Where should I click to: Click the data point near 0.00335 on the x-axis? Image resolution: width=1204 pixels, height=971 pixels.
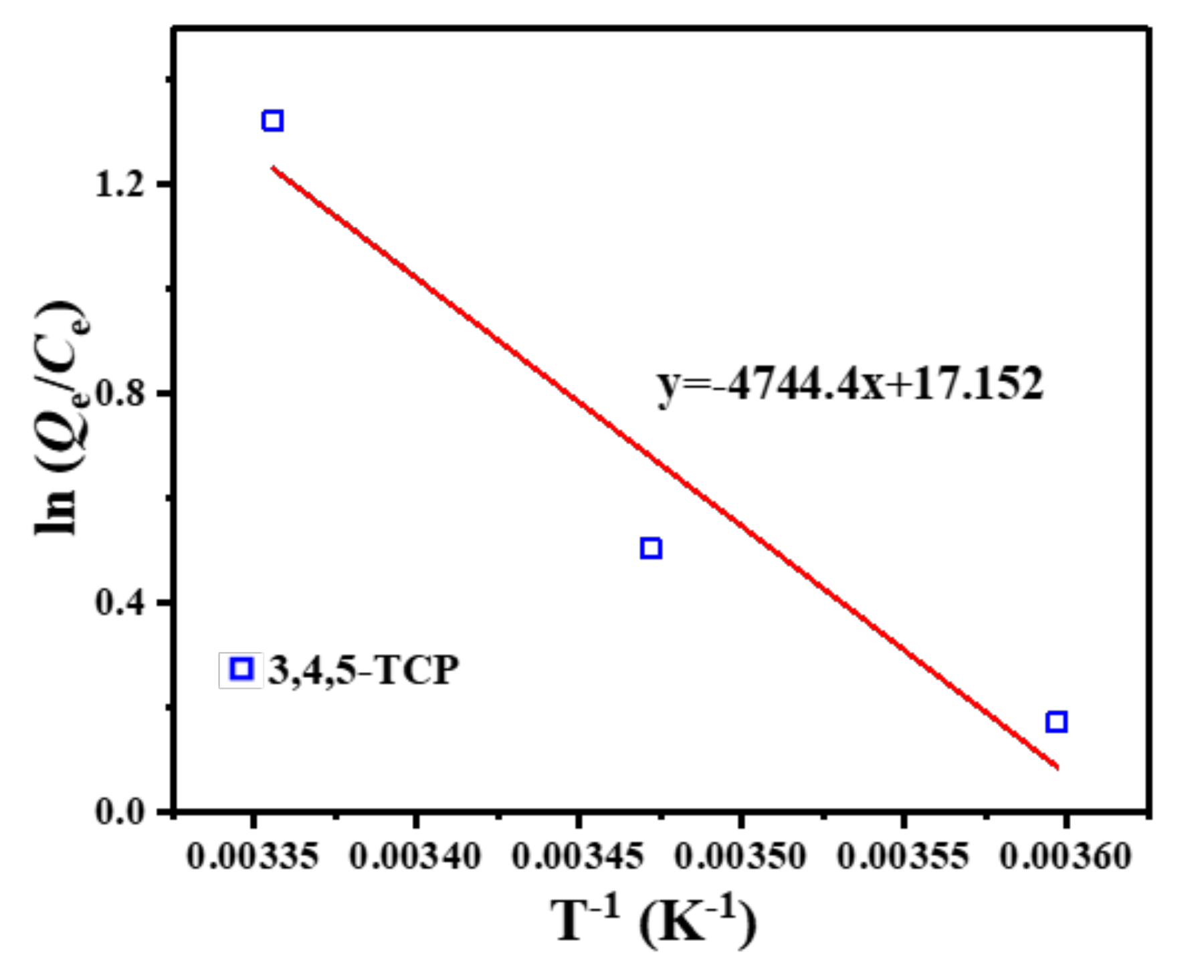pyautogui.click(x=272, y=121)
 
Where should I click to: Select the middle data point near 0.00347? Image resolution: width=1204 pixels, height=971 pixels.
pyautogui.click(x=651, y=548)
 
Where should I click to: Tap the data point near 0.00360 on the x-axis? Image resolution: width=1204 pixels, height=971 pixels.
pyautogui.click(x=1057, y=722)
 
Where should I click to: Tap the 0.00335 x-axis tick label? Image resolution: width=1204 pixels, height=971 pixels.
pyautogui.click(x=253, y=857)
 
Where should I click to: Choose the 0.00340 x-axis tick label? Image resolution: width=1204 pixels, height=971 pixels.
pyautogui.click(x=415, y=857)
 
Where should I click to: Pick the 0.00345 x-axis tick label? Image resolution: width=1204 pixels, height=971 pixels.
pyautogui.click(x=578, y=857)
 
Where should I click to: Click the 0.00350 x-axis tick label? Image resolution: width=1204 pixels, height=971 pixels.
pyautogui.click(x=740, y=857)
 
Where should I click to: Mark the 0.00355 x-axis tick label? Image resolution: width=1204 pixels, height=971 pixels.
pyautogui.click(x=903, y=857)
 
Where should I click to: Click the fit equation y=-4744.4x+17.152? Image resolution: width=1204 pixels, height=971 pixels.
pyautogui.click(x=849, y=385)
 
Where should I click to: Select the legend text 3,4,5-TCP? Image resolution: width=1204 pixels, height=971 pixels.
pyautogui.click(x=364, y=669)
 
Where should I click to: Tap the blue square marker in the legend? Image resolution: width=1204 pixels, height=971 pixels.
pyautogui.click(x=241, y=669)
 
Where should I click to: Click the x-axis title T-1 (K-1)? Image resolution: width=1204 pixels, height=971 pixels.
pyautogui.click(x=654, y=922)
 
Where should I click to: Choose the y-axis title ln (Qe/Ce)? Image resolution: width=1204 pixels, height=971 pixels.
pyautogui.click(x=62, y=418)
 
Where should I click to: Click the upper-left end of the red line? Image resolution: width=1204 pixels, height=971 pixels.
pyautogui.click(x=273, y=168)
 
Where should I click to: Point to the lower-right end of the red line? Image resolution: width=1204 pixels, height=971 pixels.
pyautogui.click(x=1057, y=767)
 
